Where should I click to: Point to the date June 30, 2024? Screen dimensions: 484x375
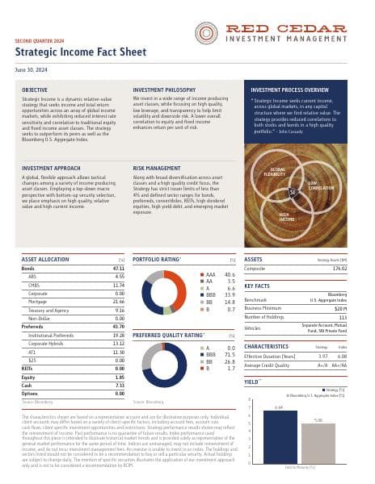pyautogui.click(x=30, y=70)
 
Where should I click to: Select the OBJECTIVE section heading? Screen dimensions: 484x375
pyautogui.click(x=35, y=90)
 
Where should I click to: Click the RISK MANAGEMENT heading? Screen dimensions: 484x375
pyautogui.click(x=157, y=170)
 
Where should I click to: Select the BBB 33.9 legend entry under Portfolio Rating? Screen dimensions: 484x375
pyautogui.click(x=219, y=295)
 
